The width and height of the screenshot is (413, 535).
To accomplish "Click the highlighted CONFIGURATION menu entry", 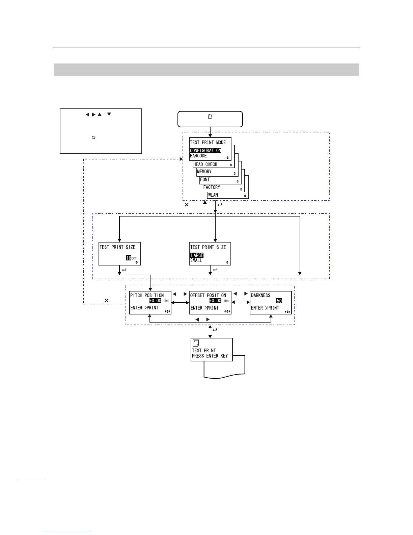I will coord(205,151).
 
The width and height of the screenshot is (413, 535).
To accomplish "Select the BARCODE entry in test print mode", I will coord(198,156).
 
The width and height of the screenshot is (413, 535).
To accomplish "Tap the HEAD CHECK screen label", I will coord(205,164).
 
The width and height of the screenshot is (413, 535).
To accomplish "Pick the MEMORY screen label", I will coord(204,172).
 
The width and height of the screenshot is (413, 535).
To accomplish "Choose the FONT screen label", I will coord(205,180).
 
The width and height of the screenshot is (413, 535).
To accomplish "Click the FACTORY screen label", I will coord(212,187).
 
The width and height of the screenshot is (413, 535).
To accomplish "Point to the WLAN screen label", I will coord(213,195).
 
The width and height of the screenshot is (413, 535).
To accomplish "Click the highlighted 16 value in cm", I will coord(129,258).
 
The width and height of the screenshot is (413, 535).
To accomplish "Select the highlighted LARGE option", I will coord(197,255).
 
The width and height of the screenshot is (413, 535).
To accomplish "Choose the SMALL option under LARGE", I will coord(196,260).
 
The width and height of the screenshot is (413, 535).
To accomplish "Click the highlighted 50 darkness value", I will coord(279,301).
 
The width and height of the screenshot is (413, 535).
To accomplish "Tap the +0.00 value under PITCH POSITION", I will coord(155,301).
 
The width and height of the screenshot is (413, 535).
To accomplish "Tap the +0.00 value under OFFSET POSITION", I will coord(215,301).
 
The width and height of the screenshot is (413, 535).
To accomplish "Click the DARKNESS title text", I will coord(260,296).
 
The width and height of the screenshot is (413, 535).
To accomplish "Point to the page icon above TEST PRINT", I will coord(195,343).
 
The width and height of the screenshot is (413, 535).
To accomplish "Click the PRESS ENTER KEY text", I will coord(210,356).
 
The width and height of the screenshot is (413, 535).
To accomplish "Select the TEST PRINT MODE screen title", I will coord(208,143).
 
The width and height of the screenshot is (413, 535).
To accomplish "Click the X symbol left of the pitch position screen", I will coord(107,300).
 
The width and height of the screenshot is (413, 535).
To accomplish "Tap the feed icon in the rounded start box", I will coord(210,117).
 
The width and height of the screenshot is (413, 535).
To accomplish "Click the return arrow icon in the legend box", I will coord(93,137).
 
